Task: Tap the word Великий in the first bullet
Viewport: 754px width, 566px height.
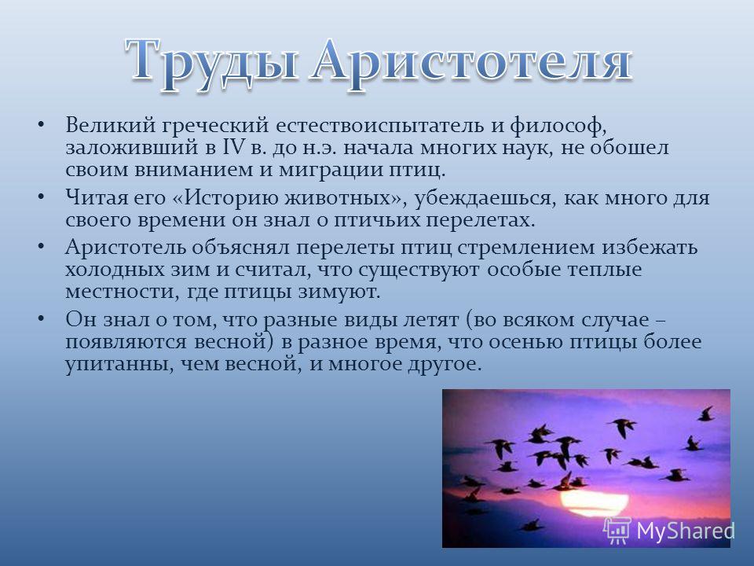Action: point(111,125)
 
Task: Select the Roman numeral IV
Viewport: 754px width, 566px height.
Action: point(233,147)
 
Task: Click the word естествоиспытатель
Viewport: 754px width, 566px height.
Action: point(380,126)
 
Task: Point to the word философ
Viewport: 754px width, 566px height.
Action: point(558,126)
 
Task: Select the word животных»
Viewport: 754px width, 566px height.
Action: point(346,198)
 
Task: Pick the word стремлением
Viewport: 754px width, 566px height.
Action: point(525,248)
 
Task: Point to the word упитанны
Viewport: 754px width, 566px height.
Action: point(119,364)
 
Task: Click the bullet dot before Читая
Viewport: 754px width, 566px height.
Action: point(42,197)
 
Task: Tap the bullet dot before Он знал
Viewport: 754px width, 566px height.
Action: point(42,318)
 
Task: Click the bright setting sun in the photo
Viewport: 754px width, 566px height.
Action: point(595,502)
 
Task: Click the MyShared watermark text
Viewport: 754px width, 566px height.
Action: point(686,531)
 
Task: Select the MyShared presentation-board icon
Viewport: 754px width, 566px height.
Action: point(617,531)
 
